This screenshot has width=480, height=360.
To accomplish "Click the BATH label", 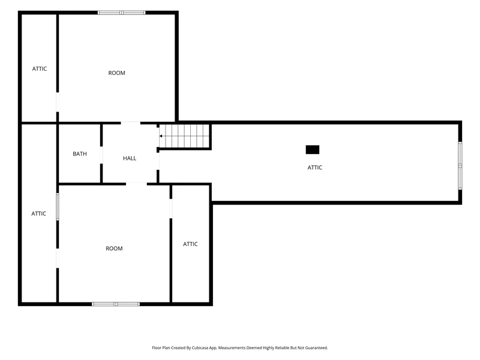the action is point(80,154).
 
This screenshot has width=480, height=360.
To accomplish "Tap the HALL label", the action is point(130,158).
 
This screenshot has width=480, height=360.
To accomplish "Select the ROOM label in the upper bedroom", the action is point(116,73).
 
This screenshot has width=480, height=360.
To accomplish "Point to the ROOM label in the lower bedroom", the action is point(114,248).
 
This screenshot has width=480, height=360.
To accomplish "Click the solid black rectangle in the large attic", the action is point(313,149).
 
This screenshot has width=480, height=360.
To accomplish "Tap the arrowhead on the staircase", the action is point(161,136).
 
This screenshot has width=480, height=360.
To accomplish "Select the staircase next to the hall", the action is point(184,136).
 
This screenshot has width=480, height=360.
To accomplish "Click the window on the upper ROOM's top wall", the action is point(122,13).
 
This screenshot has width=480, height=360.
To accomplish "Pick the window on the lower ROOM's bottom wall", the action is point(116,304).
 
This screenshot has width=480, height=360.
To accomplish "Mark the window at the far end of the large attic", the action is point(460,166).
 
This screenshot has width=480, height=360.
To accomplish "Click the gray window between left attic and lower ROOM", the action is point(58,206).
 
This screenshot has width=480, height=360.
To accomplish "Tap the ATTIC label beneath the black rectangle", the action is point(314,167).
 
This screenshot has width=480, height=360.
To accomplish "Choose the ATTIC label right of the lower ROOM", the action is point(190,244).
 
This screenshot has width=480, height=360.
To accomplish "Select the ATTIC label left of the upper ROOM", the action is point(40,69).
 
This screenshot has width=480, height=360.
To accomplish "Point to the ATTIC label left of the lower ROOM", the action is point(38,214).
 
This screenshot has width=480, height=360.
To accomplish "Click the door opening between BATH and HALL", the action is point(101,155).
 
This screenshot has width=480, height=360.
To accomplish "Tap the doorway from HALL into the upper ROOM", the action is point(131,123).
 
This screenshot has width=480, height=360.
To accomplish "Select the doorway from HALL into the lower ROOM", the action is point(137,184).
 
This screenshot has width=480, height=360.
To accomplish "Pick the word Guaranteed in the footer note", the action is point(317,348).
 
